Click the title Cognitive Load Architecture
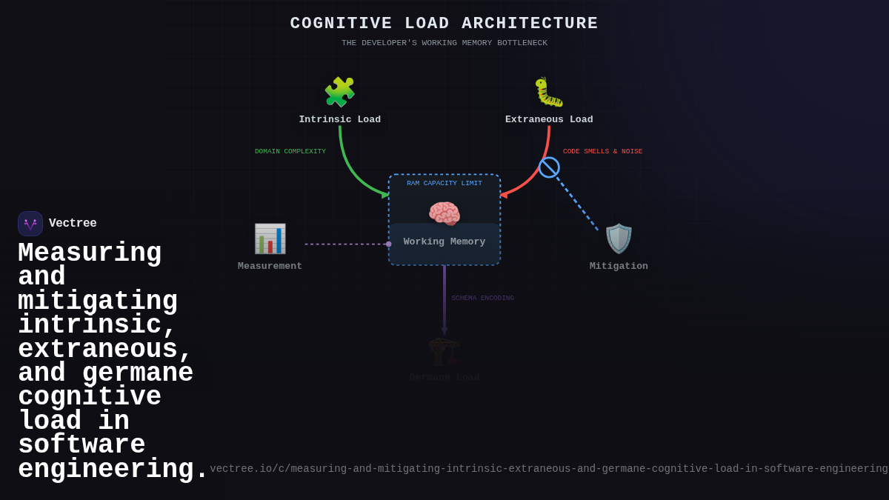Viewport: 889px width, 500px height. point(444,24)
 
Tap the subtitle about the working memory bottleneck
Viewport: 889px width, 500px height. point(444,43)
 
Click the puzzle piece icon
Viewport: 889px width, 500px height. point(339,92)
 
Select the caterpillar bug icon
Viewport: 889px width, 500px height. point(549,92)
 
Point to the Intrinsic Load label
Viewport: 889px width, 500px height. point(339,119)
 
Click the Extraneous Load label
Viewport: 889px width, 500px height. point(549,119)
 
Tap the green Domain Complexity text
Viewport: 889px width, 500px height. point(290,151)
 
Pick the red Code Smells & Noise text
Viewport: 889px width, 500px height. point(602,151)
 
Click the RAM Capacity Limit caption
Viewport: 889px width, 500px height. point(444,183)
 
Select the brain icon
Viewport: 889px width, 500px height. point(444,214)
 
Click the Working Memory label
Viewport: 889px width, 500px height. point(444,241)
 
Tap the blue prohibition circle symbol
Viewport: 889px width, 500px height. point(549,167)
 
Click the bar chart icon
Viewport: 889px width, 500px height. point(270,239)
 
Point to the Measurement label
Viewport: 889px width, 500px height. point(270,266)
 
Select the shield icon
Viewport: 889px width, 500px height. point(619,239)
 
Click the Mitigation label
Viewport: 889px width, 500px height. point(619,266)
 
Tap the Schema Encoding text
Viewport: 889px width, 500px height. point(482,298)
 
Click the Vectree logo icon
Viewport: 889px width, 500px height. point(30,224)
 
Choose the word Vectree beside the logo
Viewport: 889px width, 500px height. point(73,223)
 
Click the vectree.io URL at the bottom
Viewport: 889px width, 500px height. point(548,469)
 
